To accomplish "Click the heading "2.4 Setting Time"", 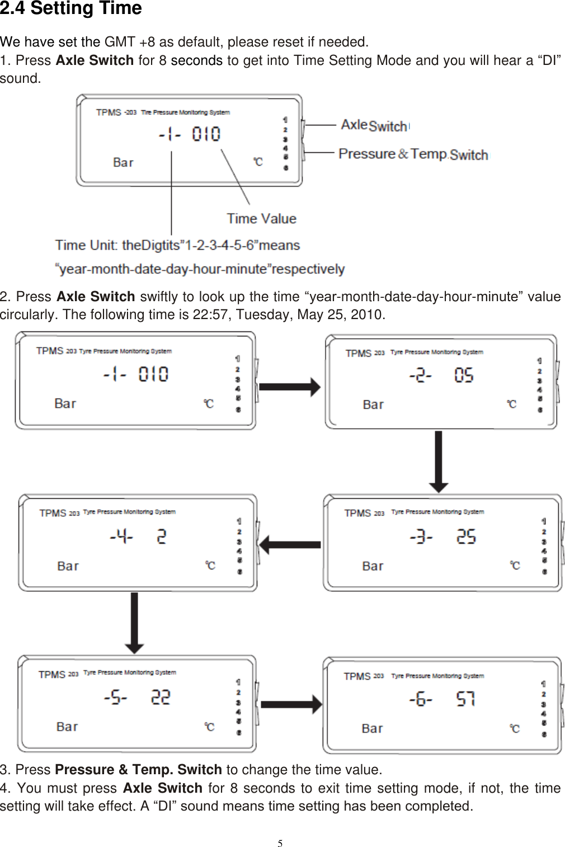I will pyautogui.click(x=71, y=9).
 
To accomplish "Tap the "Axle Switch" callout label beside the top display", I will pyautogui.click(x=374, y=125).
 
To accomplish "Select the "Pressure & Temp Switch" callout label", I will pyautogui.click(x=413, y=154).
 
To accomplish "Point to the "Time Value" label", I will pyautogui.click(x=261, y=218).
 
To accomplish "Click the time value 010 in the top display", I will pyautogui.click(x=206, y=134).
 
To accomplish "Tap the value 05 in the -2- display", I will pyautogui.click(x=464, y=375).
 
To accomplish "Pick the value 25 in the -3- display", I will pyautogui.click(x=466, y=537).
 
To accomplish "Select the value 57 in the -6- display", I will pyautogui.click(x=465, y=699).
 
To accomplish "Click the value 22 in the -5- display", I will pyautogui.click(x=161, y=698).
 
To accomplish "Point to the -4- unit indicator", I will pyautogui.click(x=121, y=537).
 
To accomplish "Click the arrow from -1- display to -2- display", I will pyautogui.click(x=290, y=386).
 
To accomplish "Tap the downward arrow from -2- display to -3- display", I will pyautogui.click(x=439, y=461).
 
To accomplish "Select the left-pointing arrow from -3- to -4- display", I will pyautogui.click(x=290, y=544).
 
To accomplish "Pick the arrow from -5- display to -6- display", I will pyautogui.click(x=291, y=704).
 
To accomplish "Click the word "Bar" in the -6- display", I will pyautogui.click(x=372, y=728).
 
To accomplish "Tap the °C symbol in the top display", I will pyautogui.click(x=258, y=162).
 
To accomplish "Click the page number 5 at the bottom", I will pyautogui.click(x=280, y=844).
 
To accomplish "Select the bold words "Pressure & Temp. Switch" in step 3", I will pyautogui.click(x=139, y=770).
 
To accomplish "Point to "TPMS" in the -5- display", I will pyautogui.click(x=52, y=675).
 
